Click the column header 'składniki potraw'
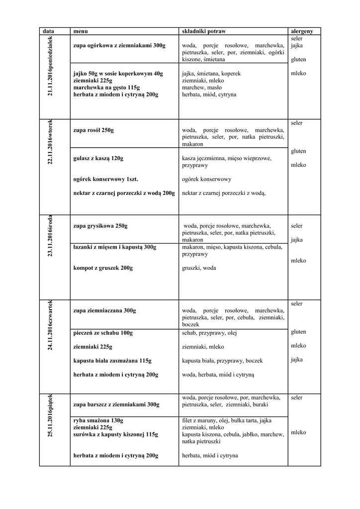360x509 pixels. tap(204, 31)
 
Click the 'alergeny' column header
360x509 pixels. tap(302, 31)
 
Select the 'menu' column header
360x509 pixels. tap(80, 31)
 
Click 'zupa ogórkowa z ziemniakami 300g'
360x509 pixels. tap(119, 45)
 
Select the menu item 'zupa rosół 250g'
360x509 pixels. tap(93, 130)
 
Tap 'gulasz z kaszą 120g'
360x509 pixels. tap(98, 158)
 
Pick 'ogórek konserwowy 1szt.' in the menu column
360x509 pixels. tap(105, 179)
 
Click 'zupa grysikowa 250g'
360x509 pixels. tap(100, 226)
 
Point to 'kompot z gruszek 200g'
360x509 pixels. tap(103, 268)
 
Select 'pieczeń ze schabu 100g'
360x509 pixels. tap(103, 333)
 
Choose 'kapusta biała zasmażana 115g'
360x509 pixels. tap(112, 360)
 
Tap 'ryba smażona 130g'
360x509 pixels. tap(98, 420)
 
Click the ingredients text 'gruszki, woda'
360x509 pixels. tap(199, 268)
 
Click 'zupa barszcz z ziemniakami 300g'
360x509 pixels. tap(116, 405)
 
